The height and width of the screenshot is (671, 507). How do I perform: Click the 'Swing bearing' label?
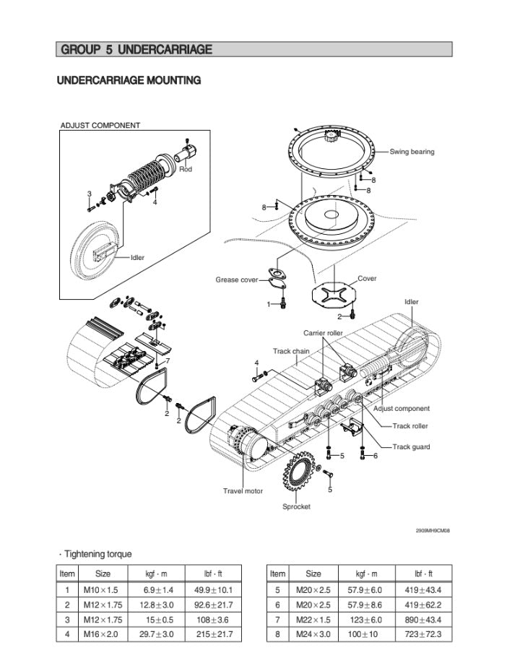412,152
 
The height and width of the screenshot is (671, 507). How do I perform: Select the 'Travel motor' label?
243,491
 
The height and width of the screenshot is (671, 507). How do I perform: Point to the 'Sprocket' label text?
296,506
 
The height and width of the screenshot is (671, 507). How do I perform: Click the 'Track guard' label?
411,447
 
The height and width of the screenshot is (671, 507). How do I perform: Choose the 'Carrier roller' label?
323,333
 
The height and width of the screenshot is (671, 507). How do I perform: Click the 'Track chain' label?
291,351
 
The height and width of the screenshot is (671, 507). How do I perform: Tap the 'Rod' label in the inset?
186,169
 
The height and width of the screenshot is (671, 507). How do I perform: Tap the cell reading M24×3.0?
313,634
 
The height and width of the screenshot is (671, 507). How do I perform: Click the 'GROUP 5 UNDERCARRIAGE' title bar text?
136,49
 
